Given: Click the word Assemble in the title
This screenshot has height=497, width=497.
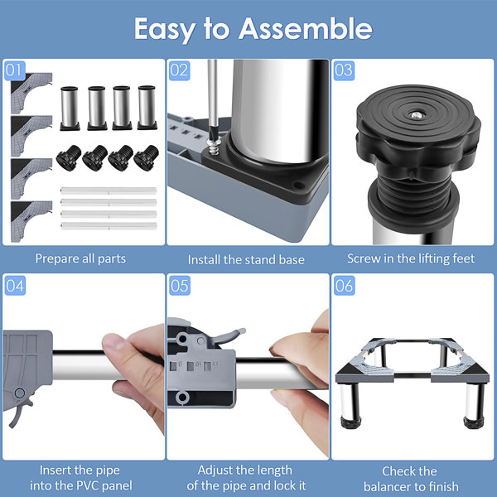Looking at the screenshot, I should point(306,30).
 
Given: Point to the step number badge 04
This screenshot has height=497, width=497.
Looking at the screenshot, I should point(15,287).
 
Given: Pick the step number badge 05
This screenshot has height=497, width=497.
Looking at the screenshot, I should point(180,287).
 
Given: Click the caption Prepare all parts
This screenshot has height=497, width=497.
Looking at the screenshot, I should point(80,258).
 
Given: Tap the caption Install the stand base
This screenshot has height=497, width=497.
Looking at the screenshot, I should point(246,259).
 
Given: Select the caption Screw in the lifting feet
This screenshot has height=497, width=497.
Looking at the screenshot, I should point(411,258).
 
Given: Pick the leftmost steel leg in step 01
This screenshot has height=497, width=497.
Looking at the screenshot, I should point(70,108).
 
